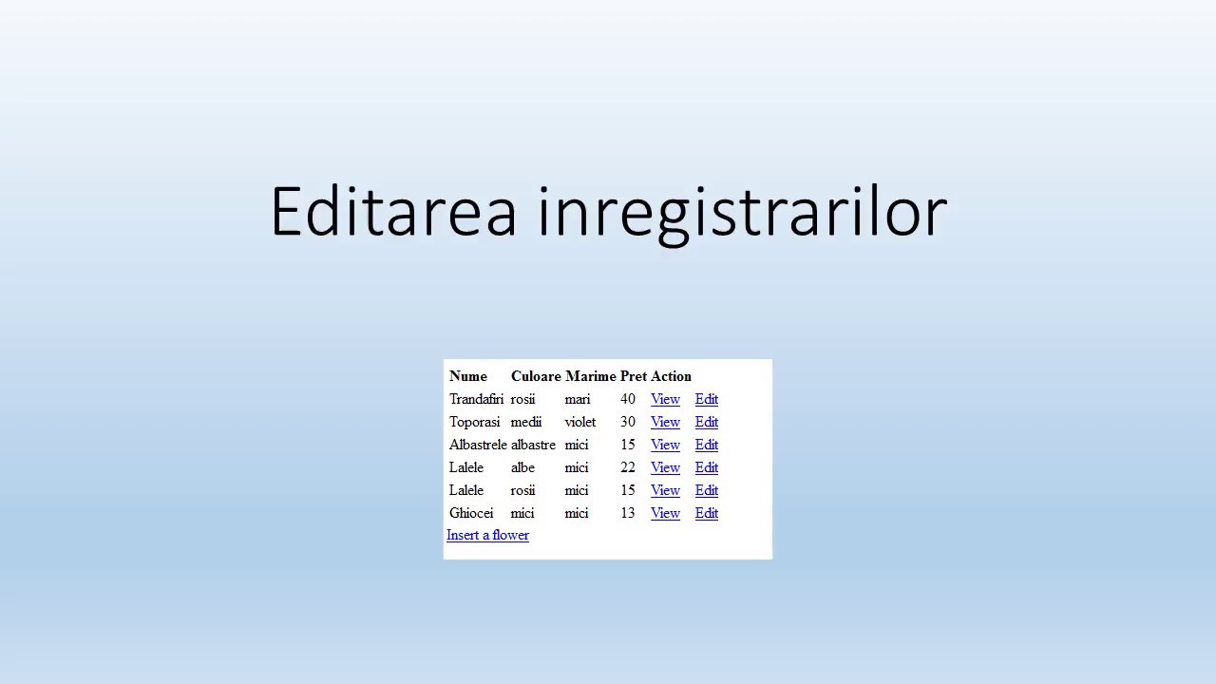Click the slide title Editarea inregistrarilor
click(608, 211)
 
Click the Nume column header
click(467, 376)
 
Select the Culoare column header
click(536, 376)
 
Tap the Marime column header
click(590, 376)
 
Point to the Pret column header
click(633, 376)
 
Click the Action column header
click(671, 376)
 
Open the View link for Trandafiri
click(665, 399)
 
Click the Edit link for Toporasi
click(706, 422)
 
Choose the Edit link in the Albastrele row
click(706, 445)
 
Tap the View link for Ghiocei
click(665, 513)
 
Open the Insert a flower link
click(487, 535)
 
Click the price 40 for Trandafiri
click(627, 399)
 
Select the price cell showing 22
click(627, 467)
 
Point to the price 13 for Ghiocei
click(627, 513)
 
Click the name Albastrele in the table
click(478, 445)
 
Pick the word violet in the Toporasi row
click(579, 422)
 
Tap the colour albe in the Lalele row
click(522, 467)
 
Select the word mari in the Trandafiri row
click(577, 399)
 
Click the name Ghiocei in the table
click(471, 513)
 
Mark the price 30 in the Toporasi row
click(627, 422)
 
